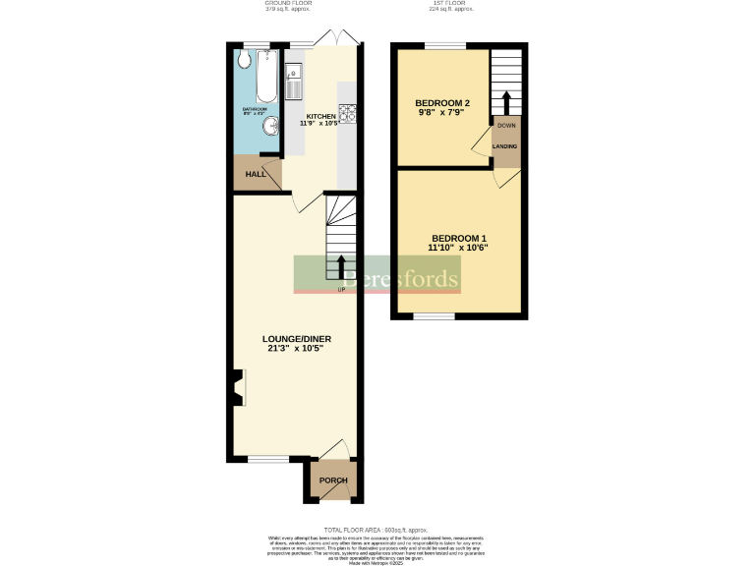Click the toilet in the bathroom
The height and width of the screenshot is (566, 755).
(x=244, y=60)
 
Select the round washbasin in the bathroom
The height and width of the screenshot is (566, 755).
(x=268, y=128)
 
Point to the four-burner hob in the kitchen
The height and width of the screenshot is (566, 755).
(x=347, y=112)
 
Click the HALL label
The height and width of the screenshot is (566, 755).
(x=256, y=174)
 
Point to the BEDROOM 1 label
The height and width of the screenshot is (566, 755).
(x=459, y=239)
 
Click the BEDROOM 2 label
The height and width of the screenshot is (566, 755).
(x=441, y=103)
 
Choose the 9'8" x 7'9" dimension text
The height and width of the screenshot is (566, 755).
(x=441, y=113)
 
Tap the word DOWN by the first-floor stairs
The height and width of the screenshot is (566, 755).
(x=505, y=126)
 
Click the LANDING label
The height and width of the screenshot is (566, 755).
(x=505, y=146)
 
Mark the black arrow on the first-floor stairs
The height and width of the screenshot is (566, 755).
(x=505, y=101)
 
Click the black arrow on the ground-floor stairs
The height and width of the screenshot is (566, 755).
(x=341, y=266)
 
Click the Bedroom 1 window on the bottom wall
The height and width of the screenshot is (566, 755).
(x=434, y=316)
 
